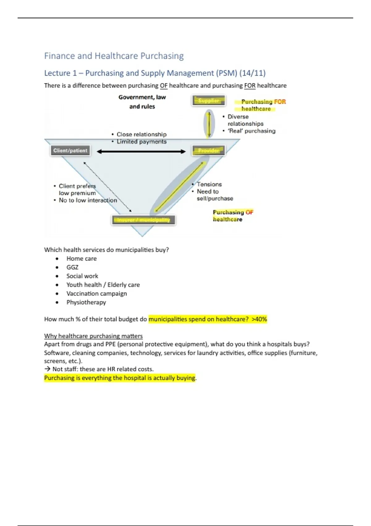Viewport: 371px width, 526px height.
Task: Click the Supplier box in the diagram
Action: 209,101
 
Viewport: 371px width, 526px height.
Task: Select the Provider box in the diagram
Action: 209,151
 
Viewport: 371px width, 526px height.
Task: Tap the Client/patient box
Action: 70,151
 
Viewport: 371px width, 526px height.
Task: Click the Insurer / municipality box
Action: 143,220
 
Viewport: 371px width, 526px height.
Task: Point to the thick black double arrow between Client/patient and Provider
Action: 141,151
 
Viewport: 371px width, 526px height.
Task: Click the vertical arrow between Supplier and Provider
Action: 209,124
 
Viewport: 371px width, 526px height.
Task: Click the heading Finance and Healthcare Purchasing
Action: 114,56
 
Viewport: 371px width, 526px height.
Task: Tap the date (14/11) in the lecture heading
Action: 253,73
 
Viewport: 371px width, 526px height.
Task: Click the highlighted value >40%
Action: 259,319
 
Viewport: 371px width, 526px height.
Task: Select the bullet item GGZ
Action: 72,267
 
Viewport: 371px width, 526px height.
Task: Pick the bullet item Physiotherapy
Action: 86,302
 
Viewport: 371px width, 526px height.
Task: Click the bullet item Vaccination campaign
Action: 96,294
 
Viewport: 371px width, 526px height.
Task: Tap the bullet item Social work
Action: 82,276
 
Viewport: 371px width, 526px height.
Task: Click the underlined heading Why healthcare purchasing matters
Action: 93,336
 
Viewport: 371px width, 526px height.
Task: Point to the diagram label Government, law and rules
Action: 142,102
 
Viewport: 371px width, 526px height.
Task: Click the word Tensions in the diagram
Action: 209,184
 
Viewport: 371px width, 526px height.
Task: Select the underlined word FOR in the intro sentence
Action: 250,86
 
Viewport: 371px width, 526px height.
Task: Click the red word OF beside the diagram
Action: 249,212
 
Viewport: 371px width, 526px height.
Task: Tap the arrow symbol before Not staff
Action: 47,369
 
